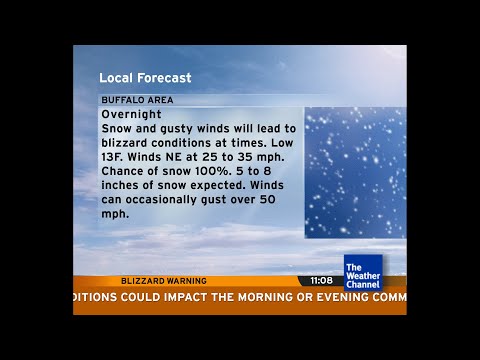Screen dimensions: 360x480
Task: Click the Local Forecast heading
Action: (x=145, y=77)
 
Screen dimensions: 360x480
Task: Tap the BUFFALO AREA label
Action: (x=137, y=100)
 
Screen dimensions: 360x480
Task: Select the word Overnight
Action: (x=132, y=114)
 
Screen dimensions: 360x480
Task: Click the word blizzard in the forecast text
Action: (x=128, y=143)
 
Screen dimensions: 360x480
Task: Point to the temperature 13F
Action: (x=115, y=157)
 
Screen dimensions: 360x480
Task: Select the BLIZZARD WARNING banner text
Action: (x=163, y=281)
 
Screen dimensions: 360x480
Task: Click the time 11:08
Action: (x=320, y=281)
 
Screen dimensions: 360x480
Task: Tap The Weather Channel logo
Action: (x=362, y=272)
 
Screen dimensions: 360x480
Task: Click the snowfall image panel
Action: (x=354, y=172)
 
